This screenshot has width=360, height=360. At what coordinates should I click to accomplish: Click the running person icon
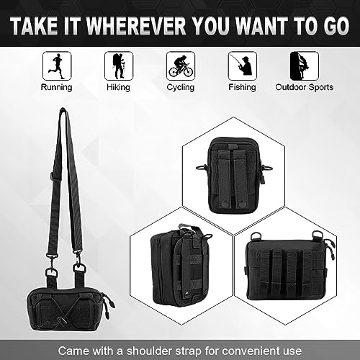point(56,64)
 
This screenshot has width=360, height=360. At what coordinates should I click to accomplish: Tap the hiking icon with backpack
point(120,64)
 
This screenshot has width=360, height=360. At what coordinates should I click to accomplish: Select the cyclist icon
point(180,64)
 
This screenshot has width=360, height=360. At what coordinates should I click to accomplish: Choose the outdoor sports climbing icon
point(303,64)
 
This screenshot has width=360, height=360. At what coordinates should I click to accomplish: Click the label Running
point(56,87)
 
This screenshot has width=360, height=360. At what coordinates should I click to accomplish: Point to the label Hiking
point(120,87)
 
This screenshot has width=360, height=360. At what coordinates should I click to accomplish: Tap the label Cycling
point(180,87)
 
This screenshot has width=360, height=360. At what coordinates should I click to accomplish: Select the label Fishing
point(242,87)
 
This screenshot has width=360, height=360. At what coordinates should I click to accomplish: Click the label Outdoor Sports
point(304,87)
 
